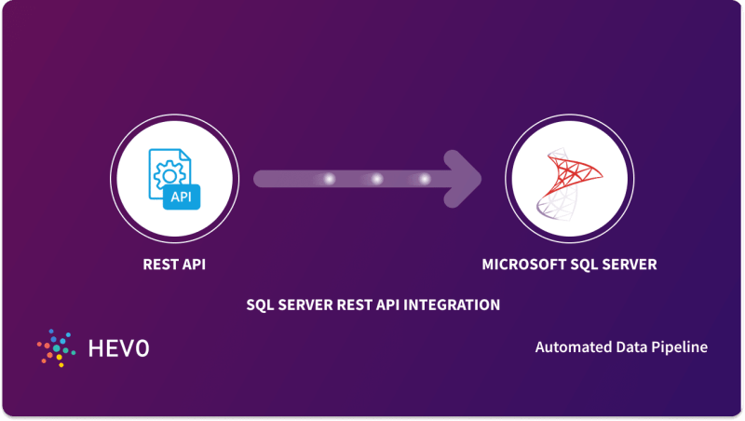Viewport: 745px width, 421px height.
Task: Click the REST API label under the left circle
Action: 173,265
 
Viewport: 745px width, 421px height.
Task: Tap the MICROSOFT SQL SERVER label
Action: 569,265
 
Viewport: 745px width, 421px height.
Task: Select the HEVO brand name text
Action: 117,348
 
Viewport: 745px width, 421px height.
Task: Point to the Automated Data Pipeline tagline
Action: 621,346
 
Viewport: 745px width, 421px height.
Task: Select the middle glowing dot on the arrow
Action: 377,179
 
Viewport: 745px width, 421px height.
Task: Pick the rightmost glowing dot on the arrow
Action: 426,179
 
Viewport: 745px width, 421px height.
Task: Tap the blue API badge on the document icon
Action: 182,197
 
